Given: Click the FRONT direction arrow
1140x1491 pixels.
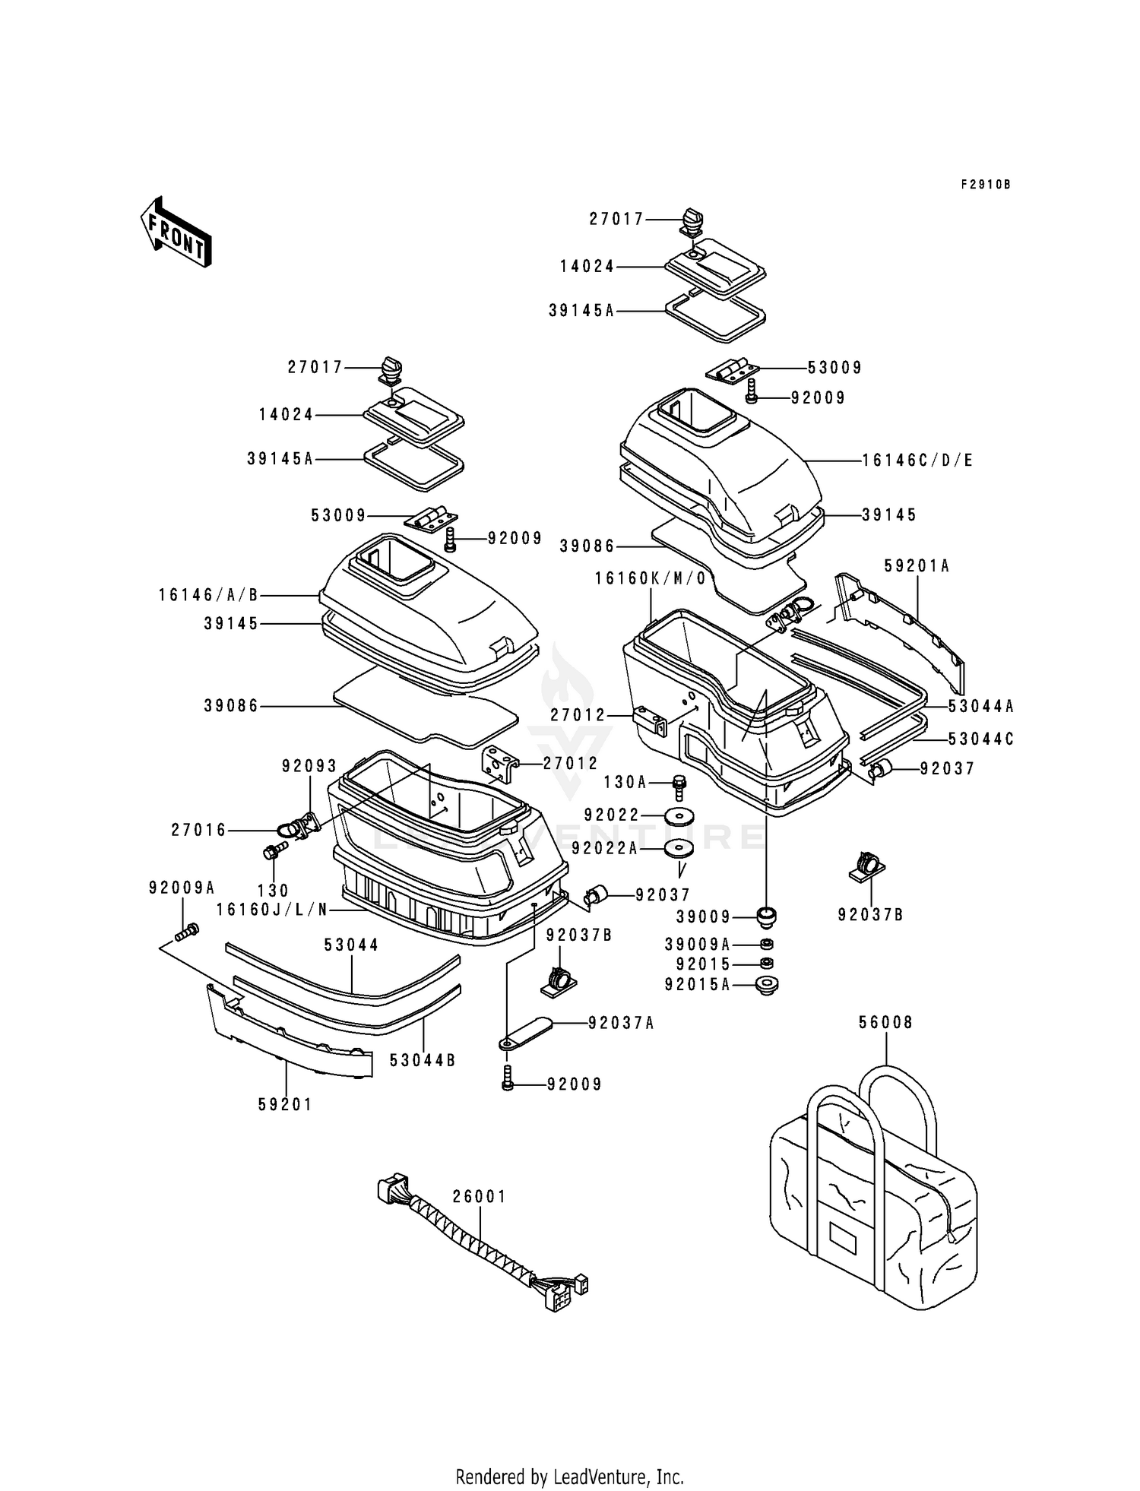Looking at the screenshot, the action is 175,231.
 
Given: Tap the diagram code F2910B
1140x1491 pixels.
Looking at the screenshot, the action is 986,185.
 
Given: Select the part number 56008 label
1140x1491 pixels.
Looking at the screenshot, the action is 886,1023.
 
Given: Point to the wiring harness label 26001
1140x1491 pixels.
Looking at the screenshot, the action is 480,1196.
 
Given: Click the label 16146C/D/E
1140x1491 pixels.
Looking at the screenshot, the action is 917,461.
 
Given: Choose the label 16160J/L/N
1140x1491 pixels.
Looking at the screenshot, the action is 271,909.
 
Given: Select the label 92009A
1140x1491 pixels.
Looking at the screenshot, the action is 182,887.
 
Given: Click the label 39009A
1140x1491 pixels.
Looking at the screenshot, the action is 697,945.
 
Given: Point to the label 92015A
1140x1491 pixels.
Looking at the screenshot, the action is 697,985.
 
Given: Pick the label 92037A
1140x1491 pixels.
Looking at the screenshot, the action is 621,1024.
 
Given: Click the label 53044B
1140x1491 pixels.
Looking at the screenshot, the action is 423,1060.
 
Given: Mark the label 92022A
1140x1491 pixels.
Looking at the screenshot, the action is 605,848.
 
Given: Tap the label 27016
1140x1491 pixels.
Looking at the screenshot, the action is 199,831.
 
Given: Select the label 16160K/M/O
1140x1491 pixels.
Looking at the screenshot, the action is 651,578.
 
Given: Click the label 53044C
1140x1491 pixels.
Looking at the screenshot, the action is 981,739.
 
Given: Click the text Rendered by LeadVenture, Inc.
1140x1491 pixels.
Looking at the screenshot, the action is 570,1477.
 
